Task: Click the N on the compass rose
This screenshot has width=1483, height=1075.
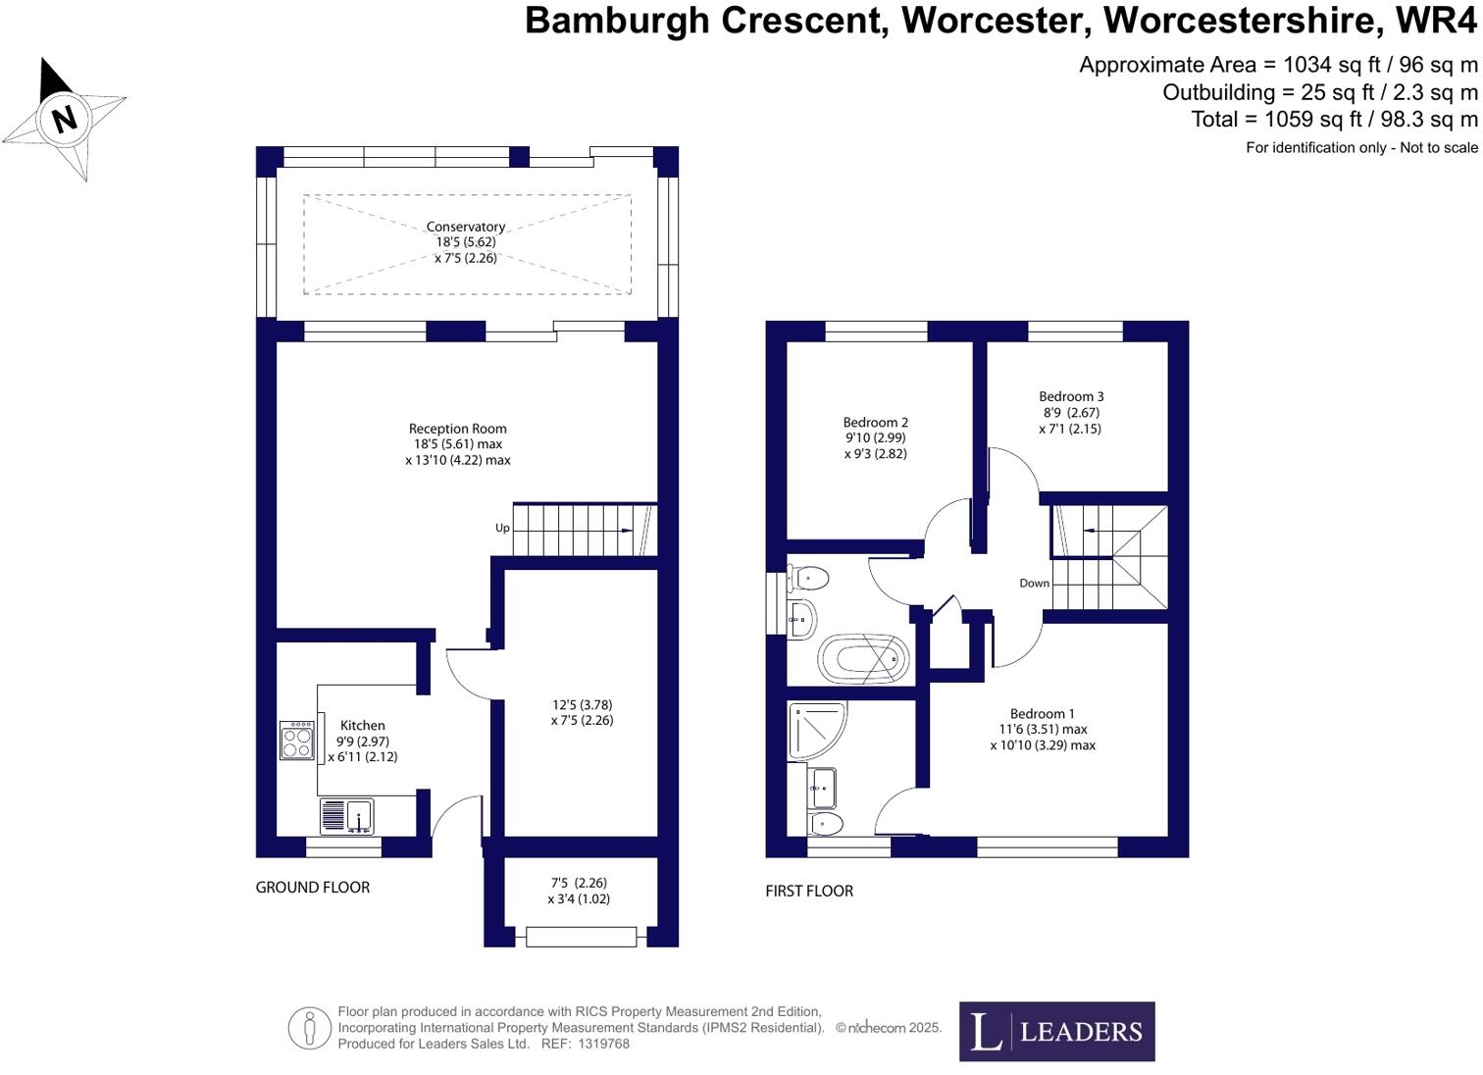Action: click(x=65, y=119)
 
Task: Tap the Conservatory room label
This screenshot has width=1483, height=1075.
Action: click(x=466, y=227)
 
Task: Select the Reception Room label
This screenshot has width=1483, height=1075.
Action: click(x=458, y=429)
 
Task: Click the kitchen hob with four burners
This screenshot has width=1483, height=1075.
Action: click(x=297, y=741)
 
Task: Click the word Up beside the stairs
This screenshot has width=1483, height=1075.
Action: click(x=502, y=528)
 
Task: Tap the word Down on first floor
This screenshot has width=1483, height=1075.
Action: click(x=1034, y=583)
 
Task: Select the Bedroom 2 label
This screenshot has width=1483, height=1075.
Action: click(x=876, y=423)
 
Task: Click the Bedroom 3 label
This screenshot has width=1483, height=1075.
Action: click(x=1071, y=396)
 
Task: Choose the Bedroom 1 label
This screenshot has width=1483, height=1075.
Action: click(x=1043, y=713)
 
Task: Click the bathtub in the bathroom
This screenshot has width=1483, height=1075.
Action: click(x=858, y=659)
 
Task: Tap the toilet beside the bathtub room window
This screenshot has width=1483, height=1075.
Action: click(x=808, y=577)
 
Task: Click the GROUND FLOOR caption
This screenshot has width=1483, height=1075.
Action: click(x=313, y=887)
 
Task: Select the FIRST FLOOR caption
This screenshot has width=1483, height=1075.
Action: click(x=809, y=891)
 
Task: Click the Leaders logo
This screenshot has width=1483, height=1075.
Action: click(x=1056, y=1031)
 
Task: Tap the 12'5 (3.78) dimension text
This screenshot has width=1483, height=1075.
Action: click(x=583, y=704)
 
